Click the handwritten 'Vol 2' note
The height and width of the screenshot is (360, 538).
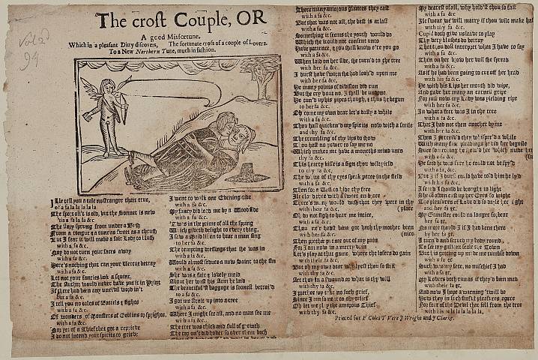coord(34,37)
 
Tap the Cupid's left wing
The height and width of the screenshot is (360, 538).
coord(95,85)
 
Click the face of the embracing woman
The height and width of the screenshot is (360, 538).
coord(237,136)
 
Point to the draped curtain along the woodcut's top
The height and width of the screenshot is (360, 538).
coord(172,64)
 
